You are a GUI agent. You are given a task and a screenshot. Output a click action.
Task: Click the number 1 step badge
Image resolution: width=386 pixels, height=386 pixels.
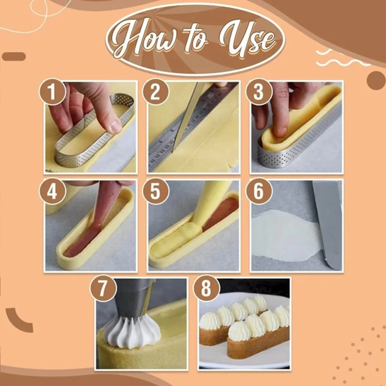click(52, 92)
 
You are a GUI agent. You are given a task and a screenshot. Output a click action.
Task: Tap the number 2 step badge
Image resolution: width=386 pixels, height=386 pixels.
click(156, 92)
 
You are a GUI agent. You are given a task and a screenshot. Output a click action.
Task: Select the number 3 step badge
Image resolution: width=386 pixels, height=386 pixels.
click(259, 92)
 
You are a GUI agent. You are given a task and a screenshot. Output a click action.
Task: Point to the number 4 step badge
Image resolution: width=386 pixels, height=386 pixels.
click(52, 191)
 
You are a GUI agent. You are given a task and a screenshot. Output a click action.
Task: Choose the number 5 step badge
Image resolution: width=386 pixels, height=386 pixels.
click(156, 191)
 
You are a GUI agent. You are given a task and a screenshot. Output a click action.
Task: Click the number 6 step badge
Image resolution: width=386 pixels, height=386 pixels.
click(259, 191)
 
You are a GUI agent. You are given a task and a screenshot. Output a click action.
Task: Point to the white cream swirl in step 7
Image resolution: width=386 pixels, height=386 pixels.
click(132, 332)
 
